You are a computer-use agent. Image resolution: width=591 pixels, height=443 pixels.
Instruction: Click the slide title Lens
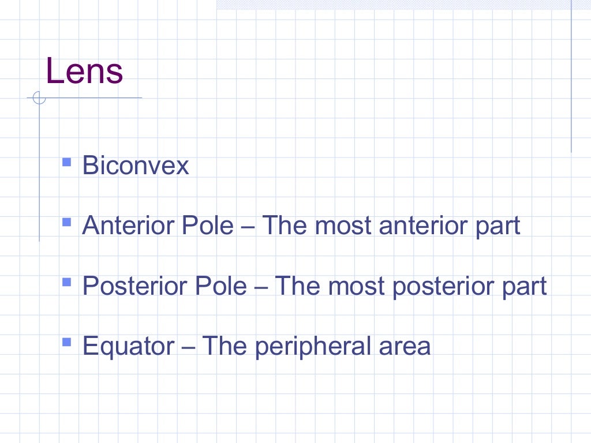point(84,72)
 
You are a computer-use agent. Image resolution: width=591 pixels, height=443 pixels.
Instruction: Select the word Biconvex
point(136,166)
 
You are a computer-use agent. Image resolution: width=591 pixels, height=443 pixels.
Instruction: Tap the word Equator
point(128,347)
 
